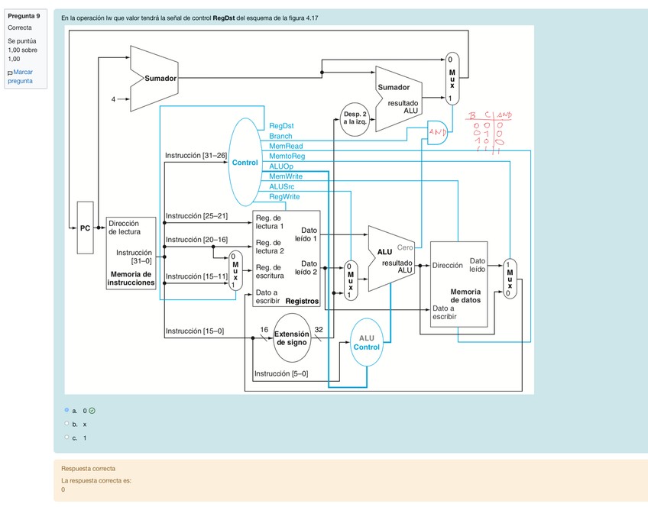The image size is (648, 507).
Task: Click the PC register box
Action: tap(86, 227)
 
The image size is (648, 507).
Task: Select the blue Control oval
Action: tap(245, 163)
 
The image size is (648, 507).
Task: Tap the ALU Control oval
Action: tap(367, 342)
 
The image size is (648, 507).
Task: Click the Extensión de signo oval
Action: tap(291, 337)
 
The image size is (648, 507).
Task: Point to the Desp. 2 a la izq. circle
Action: tap(355, 118)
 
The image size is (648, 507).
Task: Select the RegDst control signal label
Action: tap(281, 125)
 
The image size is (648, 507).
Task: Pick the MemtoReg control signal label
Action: tap(287, 156)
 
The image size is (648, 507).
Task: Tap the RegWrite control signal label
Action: tap(284, 196)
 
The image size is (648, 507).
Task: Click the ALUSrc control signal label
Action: tap(282, 186)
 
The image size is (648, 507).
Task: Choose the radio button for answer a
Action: tap(67, 410)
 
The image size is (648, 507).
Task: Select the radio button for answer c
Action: tap(67, 438)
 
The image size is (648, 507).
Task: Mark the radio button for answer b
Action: tap(67, 424)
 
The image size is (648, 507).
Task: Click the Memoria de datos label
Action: tap(465, 296)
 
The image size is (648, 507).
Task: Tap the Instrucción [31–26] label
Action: tap(196, 155)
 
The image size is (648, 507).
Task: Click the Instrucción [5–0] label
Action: tap(280, 373)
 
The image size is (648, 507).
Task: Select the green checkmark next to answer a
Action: tap(92, 410)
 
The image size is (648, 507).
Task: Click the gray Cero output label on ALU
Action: tap(405, 247)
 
